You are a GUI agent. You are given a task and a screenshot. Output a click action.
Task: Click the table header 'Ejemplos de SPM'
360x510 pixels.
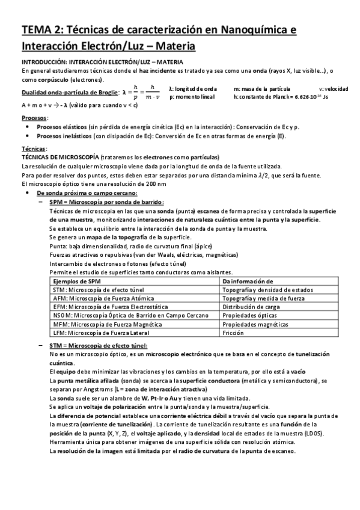(75, 281)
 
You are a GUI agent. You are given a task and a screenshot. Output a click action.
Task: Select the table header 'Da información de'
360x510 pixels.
(248, 281)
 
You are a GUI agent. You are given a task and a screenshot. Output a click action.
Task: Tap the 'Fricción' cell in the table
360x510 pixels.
(233, 332)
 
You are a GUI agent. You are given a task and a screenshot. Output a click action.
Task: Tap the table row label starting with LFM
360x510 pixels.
(97, 332)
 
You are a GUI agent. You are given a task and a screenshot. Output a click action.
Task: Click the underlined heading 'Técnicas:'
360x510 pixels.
(33, 148)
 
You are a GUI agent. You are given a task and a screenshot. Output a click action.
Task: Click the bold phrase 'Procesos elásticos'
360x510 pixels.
(61, 127)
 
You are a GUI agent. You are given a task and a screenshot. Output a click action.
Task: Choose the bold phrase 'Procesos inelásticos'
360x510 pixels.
(63, 136)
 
